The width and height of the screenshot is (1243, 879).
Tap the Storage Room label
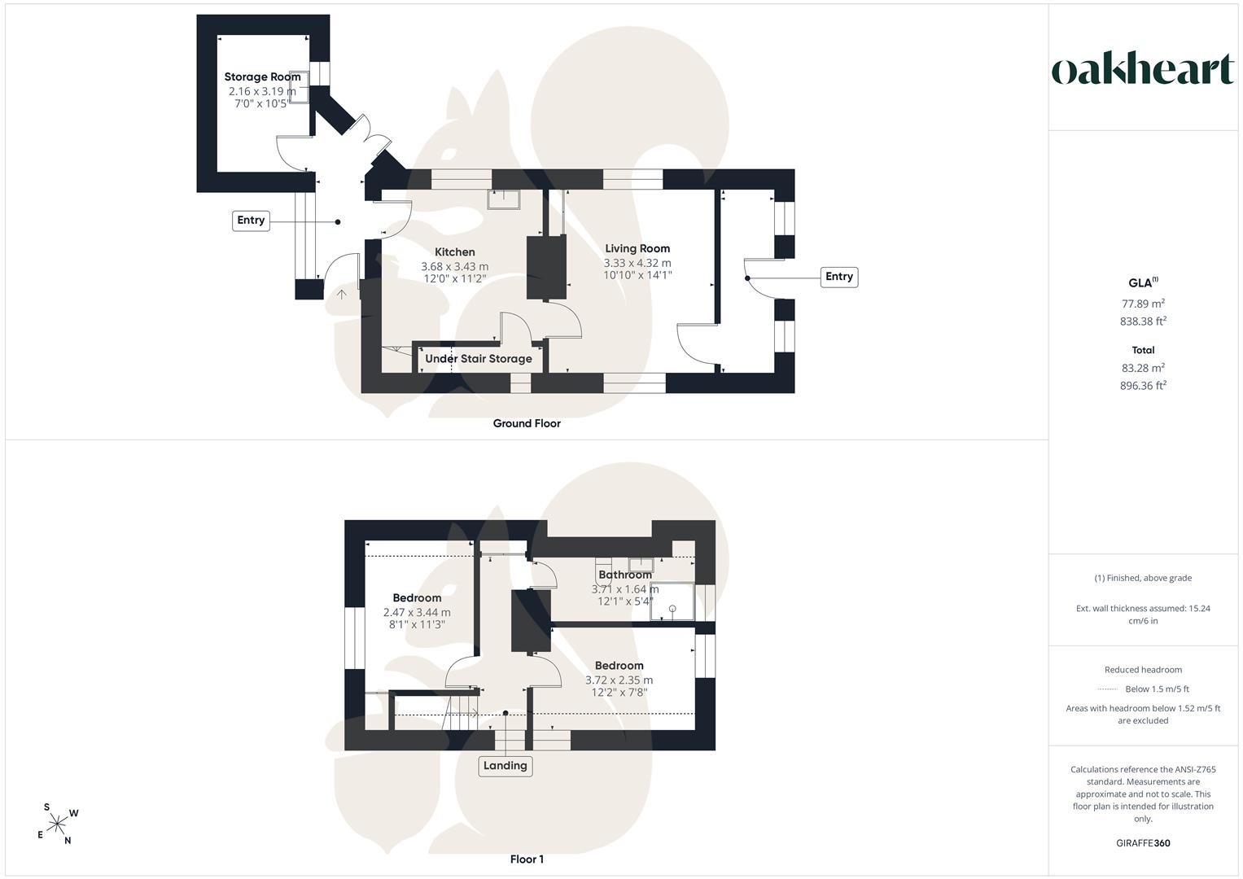point(262,77)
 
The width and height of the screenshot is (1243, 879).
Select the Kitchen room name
point(454,252)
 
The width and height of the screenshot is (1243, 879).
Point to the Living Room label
point(637,248)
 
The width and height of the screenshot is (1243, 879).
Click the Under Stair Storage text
point(479,358)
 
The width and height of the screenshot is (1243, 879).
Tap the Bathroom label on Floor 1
point(625,575)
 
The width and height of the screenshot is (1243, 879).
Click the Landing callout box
point(505,766)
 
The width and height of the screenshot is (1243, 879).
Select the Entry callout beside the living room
point(839,277)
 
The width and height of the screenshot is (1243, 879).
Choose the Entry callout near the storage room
point(251,221)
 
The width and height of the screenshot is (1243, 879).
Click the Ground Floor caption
point(527,423)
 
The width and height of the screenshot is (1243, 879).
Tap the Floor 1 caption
point(527,859)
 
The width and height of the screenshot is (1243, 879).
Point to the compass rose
point(57,824)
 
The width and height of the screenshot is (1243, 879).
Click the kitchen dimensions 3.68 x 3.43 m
point(454,266)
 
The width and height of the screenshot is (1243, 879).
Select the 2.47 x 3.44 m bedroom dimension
point(417,613)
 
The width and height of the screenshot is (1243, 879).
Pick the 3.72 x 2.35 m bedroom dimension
point(619,680)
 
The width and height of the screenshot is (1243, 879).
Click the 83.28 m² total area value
point(1143,368)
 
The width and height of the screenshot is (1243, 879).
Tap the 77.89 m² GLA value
point(1143,304)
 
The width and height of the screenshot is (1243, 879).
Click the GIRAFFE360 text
point(1143,843)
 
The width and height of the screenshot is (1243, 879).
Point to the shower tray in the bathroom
point(672,601)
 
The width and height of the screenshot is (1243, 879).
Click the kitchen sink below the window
point(504,199)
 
